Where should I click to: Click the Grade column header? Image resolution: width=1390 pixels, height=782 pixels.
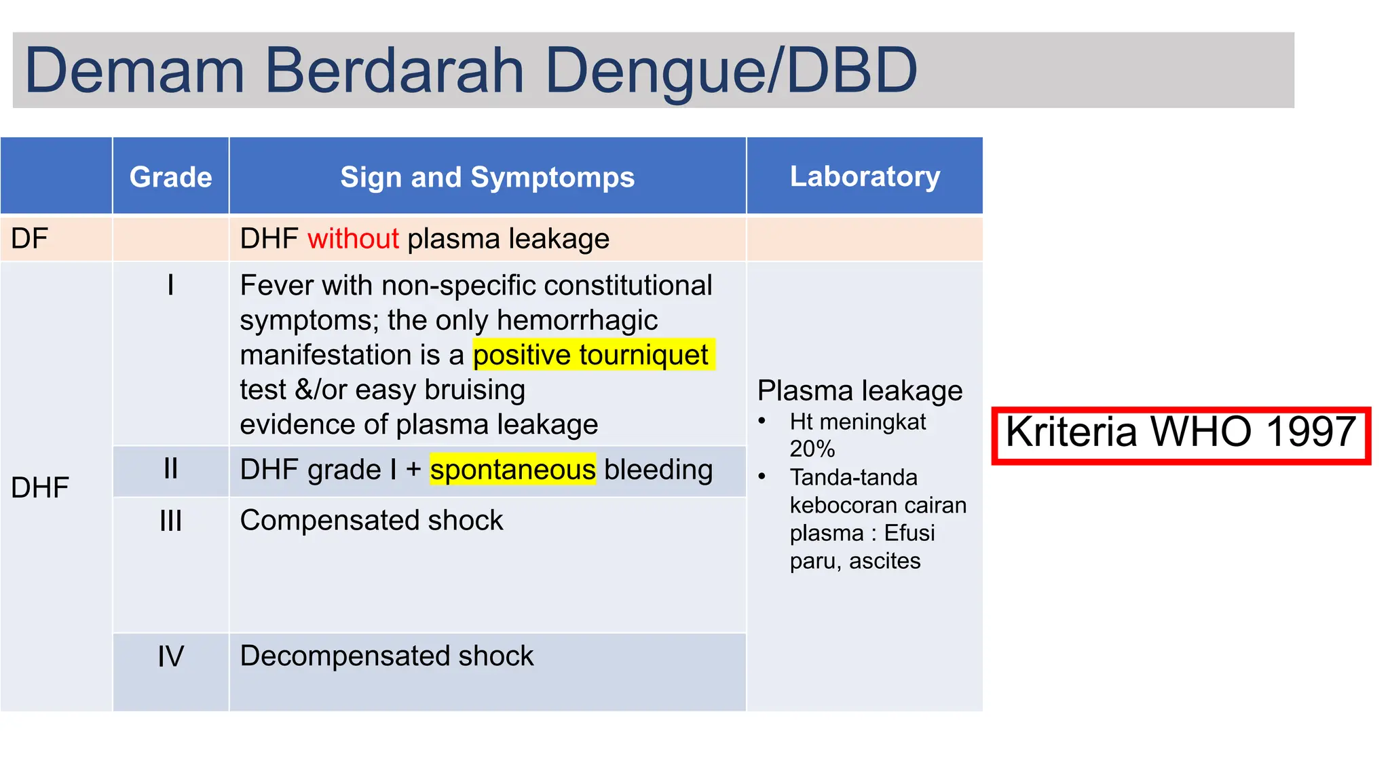170,177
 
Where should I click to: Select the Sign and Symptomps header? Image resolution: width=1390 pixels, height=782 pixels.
487,177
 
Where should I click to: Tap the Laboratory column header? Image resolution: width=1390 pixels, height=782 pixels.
865,176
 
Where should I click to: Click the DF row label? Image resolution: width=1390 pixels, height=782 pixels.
30,239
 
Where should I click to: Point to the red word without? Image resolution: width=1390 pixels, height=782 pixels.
353,239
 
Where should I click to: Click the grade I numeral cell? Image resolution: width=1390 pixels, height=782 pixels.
170,285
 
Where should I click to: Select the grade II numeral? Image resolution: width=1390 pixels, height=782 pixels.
170,469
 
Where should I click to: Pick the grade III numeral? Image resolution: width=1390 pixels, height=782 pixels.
170,521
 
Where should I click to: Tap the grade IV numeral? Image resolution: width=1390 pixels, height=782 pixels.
170,656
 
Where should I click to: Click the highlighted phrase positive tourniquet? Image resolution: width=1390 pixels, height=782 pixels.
590,355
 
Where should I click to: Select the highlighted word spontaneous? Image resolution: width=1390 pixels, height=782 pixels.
512,470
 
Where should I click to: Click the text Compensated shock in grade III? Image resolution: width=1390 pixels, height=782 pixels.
371,521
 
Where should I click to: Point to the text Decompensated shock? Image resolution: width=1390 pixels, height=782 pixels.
387,656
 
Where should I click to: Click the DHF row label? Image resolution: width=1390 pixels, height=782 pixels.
40,487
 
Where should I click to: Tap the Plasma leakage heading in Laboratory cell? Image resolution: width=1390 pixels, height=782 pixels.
859,391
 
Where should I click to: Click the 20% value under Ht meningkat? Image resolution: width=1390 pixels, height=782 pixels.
812,449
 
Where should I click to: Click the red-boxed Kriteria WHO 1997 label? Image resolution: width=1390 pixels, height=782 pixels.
1180,433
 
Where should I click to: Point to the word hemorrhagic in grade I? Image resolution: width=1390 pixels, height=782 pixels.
577,320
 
